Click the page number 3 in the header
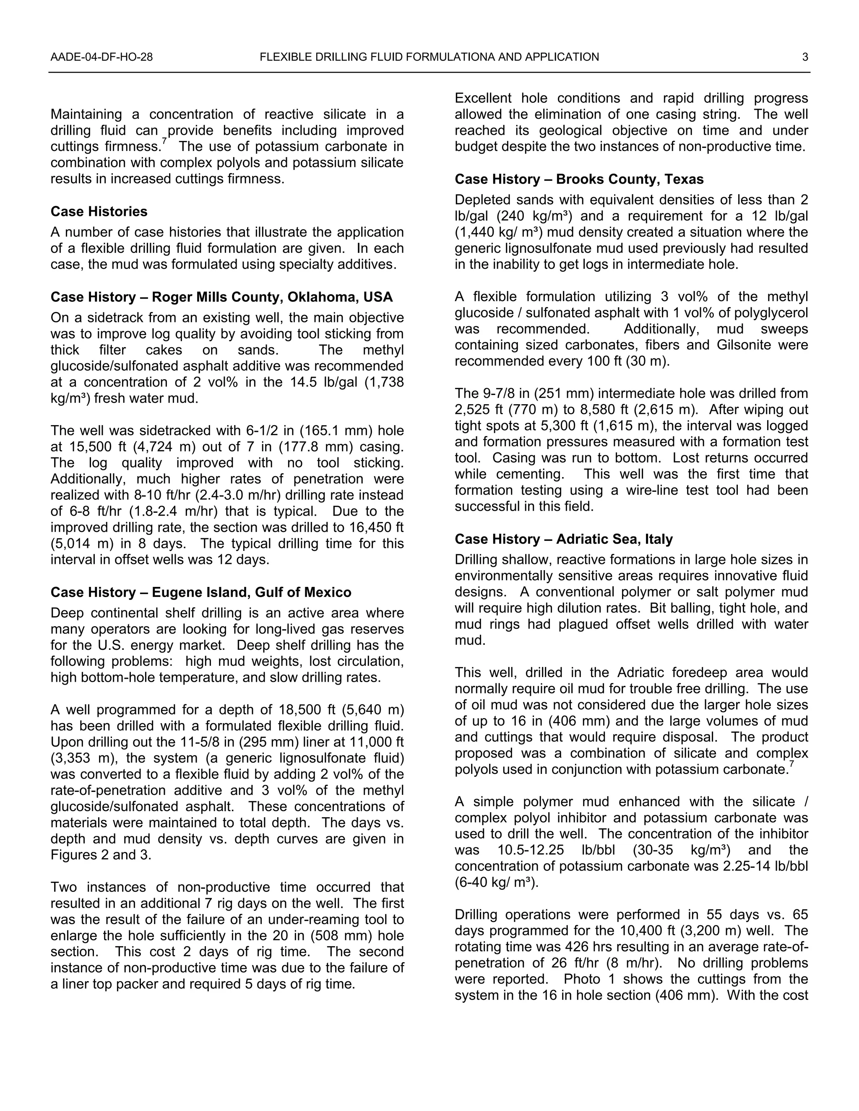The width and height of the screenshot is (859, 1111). (805, 57)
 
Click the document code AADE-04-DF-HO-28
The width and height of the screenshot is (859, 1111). (101, 57)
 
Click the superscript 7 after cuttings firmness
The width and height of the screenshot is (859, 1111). (164, 141)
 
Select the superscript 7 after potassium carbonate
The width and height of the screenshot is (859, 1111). (791, 764)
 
